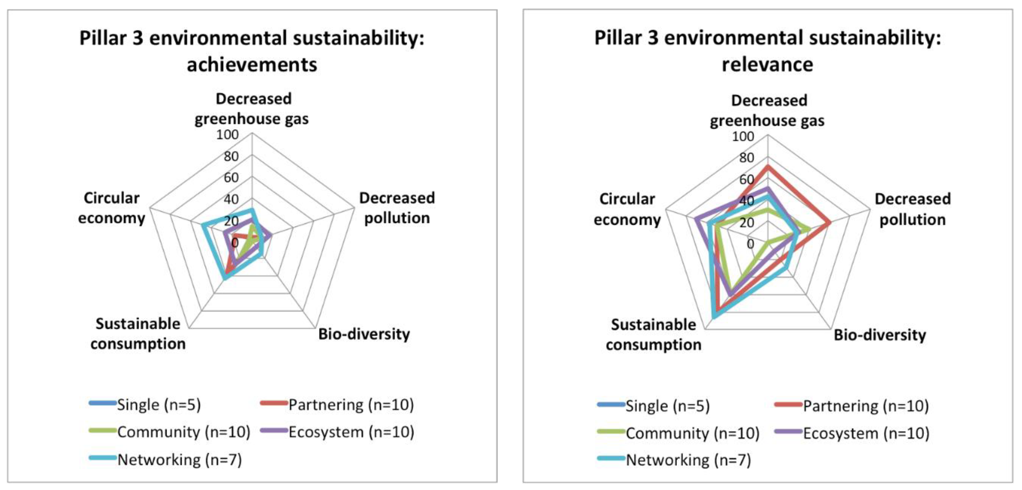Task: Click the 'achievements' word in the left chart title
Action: (252, 65)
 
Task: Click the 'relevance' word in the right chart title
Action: (767, 65)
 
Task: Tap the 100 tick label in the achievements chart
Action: (227, 135)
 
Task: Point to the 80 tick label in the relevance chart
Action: (746, 158)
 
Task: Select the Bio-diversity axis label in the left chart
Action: (364, 334)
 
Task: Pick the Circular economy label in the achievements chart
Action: (111, 208)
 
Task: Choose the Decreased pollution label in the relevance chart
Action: (913, 209)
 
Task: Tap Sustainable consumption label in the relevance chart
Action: (653, 335)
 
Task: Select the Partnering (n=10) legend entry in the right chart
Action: (866, 406)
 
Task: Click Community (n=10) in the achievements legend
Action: (183, 432)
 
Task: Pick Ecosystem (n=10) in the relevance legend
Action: (866, 433)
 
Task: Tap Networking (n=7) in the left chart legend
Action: (179, 460)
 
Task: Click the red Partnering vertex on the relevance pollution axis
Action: (829, 224)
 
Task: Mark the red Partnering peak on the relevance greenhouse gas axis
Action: (768, 166)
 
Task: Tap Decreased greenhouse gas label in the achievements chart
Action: (252, 109)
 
